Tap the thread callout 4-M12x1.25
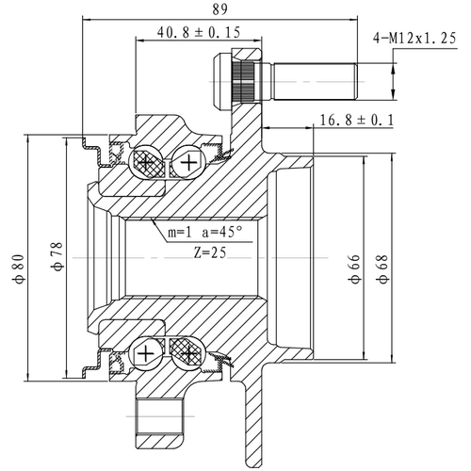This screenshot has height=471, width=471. (415, 39)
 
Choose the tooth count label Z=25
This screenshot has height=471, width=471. (213, 252)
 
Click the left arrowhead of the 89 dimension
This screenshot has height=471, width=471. (88, 18)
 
